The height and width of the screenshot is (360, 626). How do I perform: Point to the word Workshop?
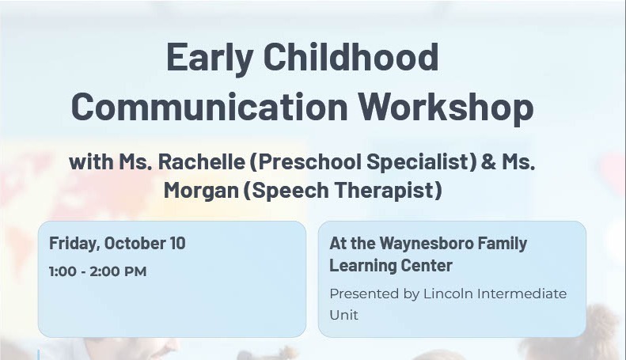click(x=445, y=106)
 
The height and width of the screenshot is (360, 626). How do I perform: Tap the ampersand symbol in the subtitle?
click(x=488, y=162)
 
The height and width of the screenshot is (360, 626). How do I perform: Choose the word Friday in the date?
click(x=74, y=244)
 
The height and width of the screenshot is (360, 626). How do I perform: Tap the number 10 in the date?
click(x=177, y=243)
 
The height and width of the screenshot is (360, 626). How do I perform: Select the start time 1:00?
click(x=63, y=272)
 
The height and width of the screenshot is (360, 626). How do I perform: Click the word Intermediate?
click(x=525, y=294)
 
